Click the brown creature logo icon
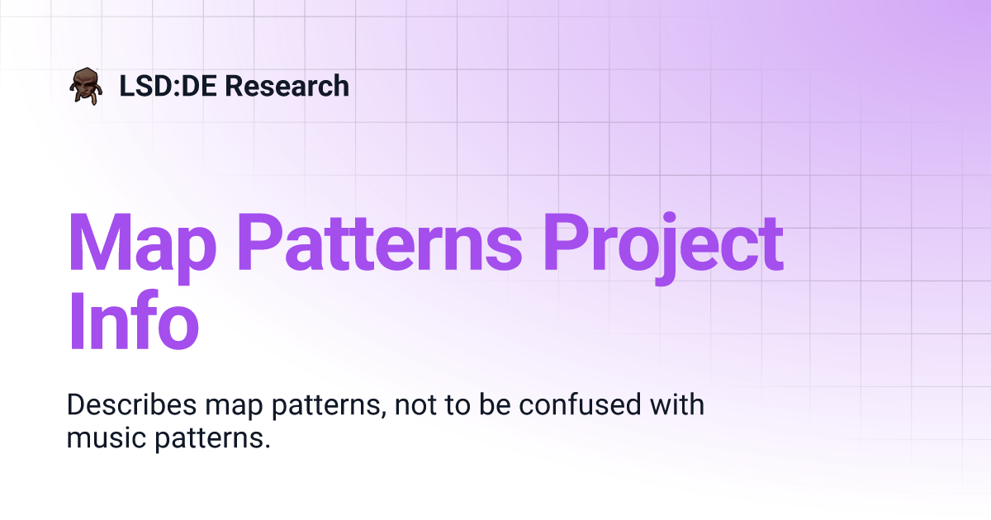86,86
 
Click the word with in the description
679,406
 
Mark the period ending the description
268,446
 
